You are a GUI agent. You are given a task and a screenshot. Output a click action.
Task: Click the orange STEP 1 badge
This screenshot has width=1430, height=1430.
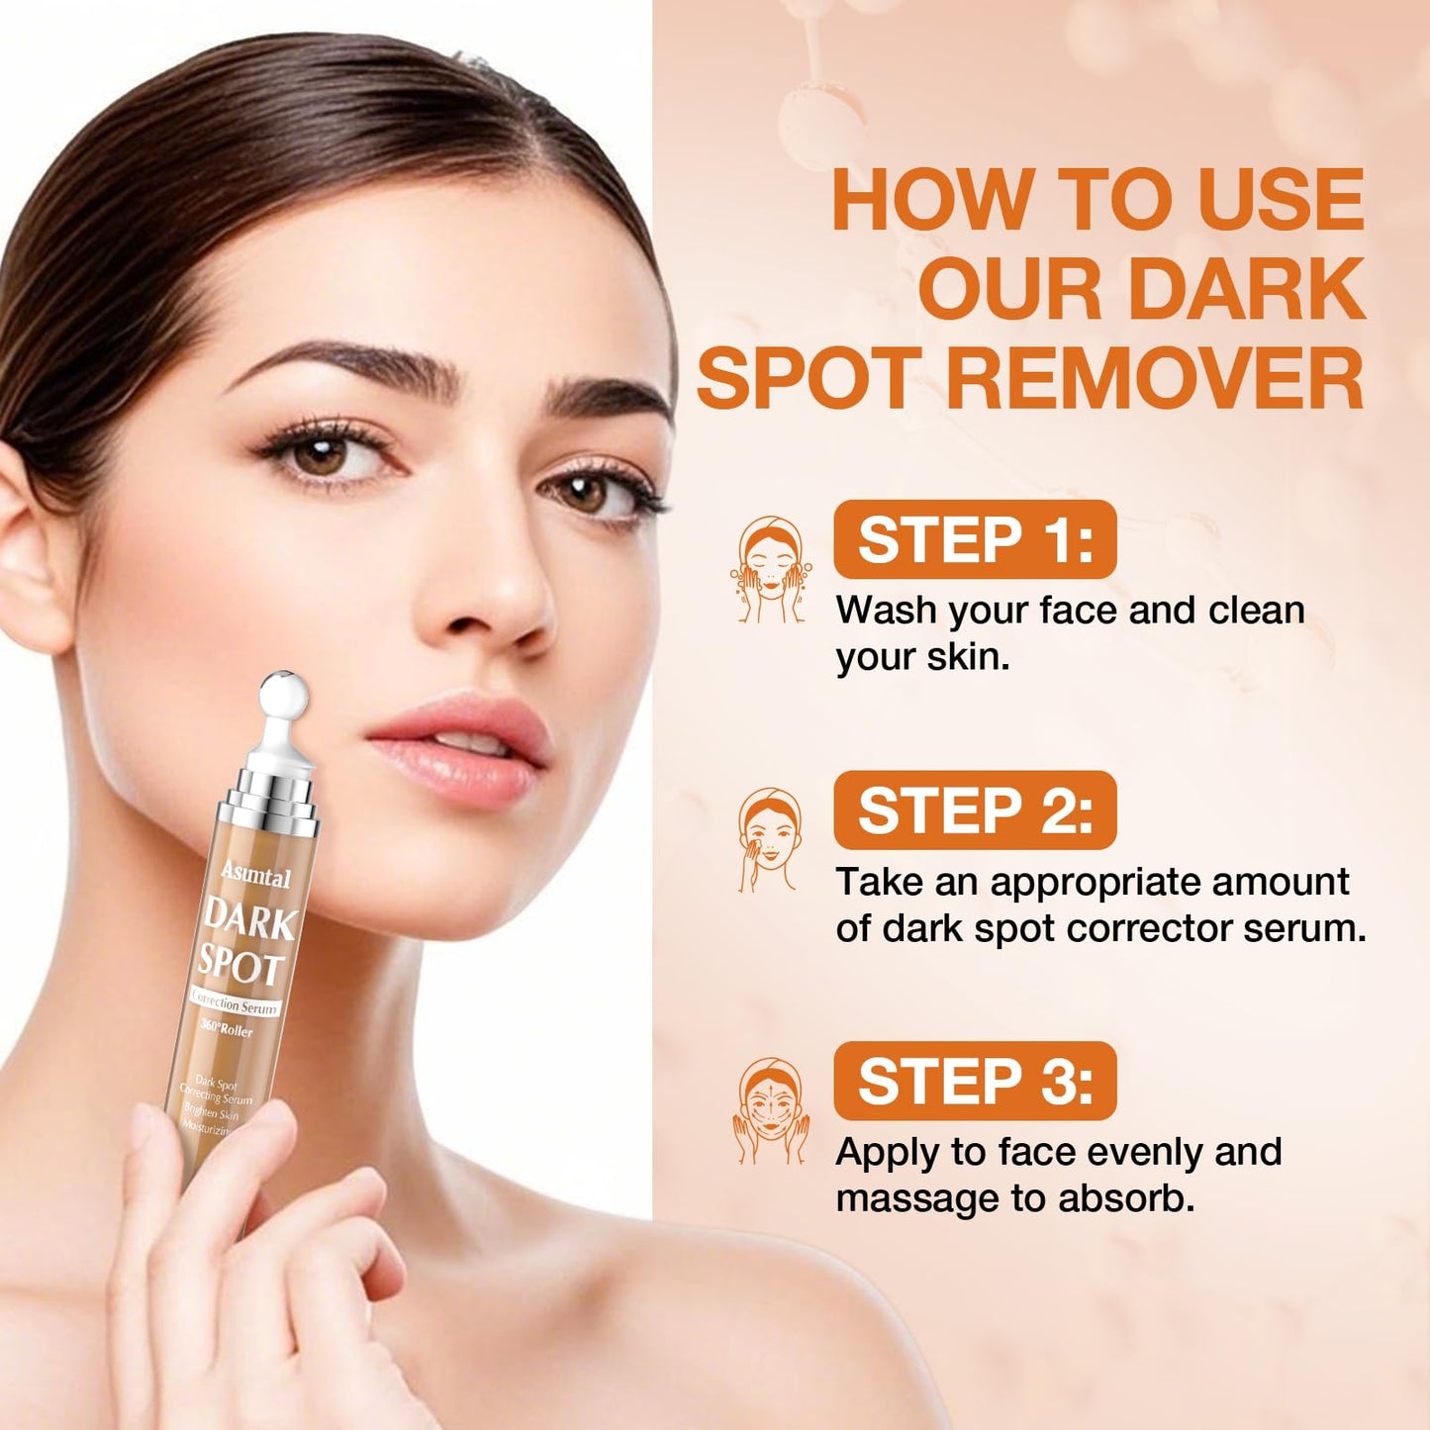[x=975, y=539]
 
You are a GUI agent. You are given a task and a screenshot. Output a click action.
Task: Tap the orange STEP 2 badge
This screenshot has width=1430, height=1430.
[x=975, y=810]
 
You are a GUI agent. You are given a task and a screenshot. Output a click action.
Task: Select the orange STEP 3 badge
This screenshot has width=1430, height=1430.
[x=975, y=1081]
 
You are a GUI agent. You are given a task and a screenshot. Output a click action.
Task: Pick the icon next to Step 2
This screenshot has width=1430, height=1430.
[x=769, y=841]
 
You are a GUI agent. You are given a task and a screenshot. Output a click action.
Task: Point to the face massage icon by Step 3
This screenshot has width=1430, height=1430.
[x=770, y=1110]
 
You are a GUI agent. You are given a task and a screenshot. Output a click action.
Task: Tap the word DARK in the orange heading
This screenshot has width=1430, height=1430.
[x=1246, y=289]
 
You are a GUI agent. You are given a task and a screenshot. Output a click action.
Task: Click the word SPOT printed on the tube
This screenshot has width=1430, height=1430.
[x=240, y=963]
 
